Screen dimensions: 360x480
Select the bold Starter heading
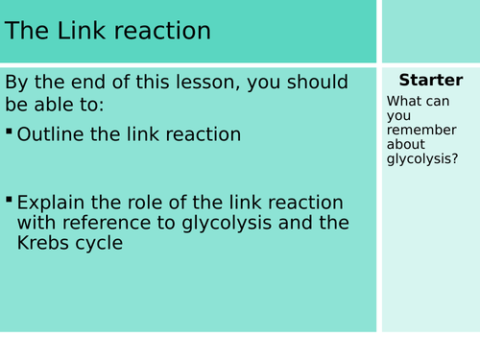coord(430,80)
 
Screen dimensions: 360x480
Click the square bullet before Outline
coord(10,131)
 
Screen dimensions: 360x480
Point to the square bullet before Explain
coord(10,200)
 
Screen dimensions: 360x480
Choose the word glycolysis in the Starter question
coord(424,158)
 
